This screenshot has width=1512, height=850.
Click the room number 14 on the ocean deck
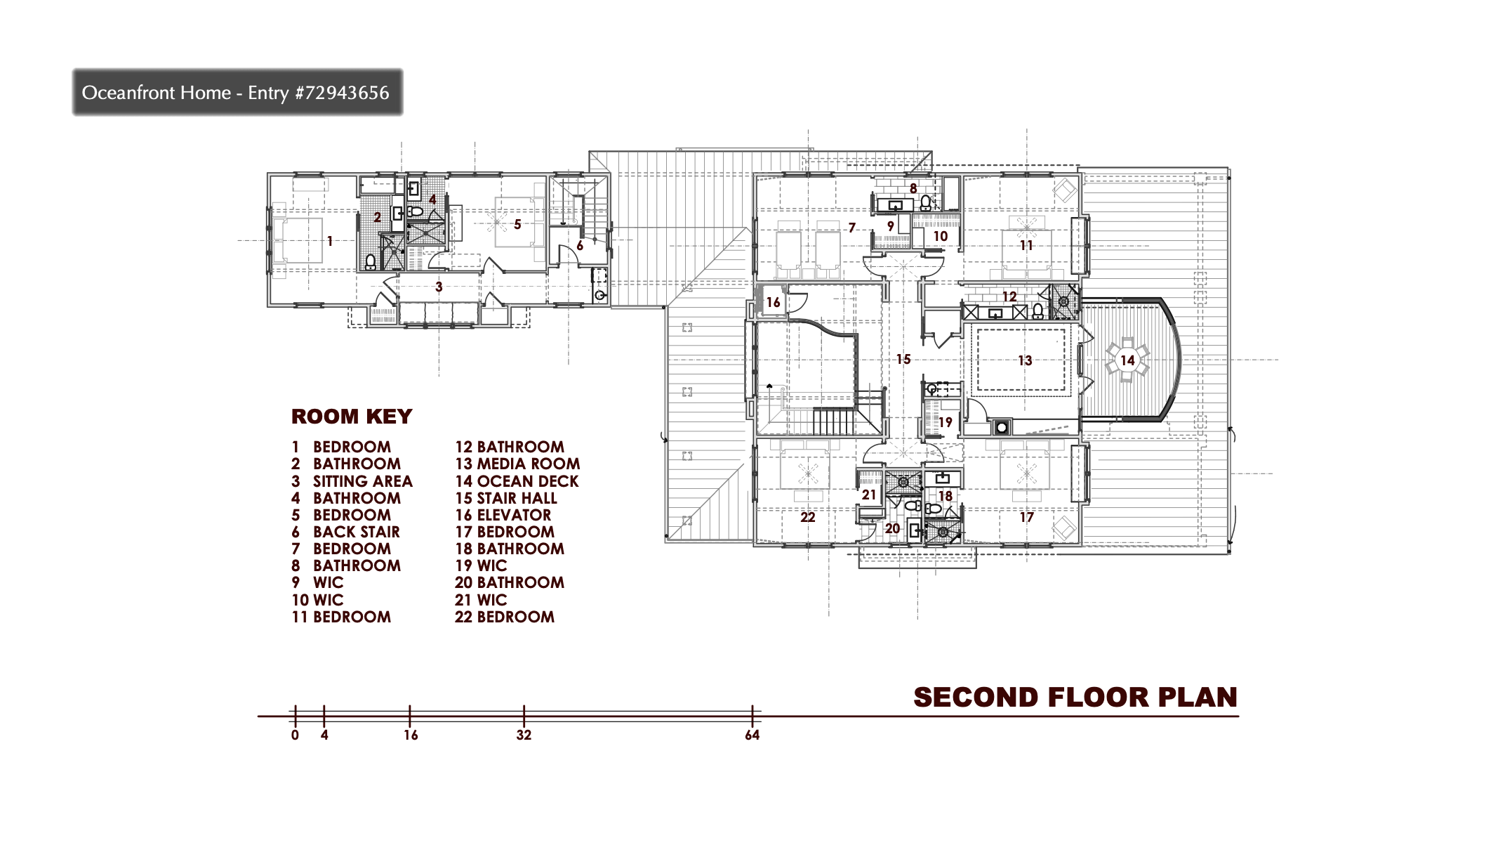click(1127, 360)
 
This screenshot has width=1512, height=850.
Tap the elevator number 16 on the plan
click(773, 302)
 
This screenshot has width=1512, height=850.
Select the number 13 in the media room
click(1025, 360)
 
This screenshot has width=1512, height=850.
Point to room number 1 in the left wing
click(329, 241)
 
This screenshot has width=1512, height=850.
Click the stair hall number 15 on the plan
click(903, 359)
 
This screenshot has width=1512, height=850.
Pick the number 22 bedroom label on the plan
click(808, 517)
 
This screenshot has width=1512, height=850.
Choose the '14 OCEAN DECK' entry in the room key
click(517, 481)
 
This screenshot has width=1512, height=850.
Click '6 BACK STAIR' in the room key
click(345, 532)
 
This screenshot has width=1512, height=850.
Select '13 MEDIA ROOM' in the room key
click(517, 464)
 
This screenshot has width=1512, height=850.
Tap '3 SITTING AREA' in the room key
click(352, 481)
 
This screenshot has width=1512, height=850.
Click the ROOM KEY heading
click(352, 417)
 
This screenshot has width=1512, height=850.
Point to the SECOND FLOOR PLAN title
click(1075, 697)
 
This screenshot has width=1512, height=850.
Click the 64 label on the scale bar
click(752, 735)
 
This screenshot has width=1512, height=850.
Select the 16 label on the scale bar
click(411, 735)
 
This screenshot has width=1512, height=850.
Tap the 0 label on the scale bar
click(295, 735)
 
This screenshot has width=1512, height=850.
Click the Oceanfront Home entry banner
click(237, 92)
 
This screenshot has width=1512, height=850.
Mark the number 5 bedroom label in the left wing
click(517, 224)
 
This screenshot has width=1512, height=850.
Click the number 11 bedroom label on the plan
click(1026, 245)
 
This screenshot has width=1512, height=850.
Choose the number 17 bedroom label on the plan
click(1026, 517)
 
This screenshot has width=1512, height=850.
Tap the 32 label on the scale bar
click(524, 735)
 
